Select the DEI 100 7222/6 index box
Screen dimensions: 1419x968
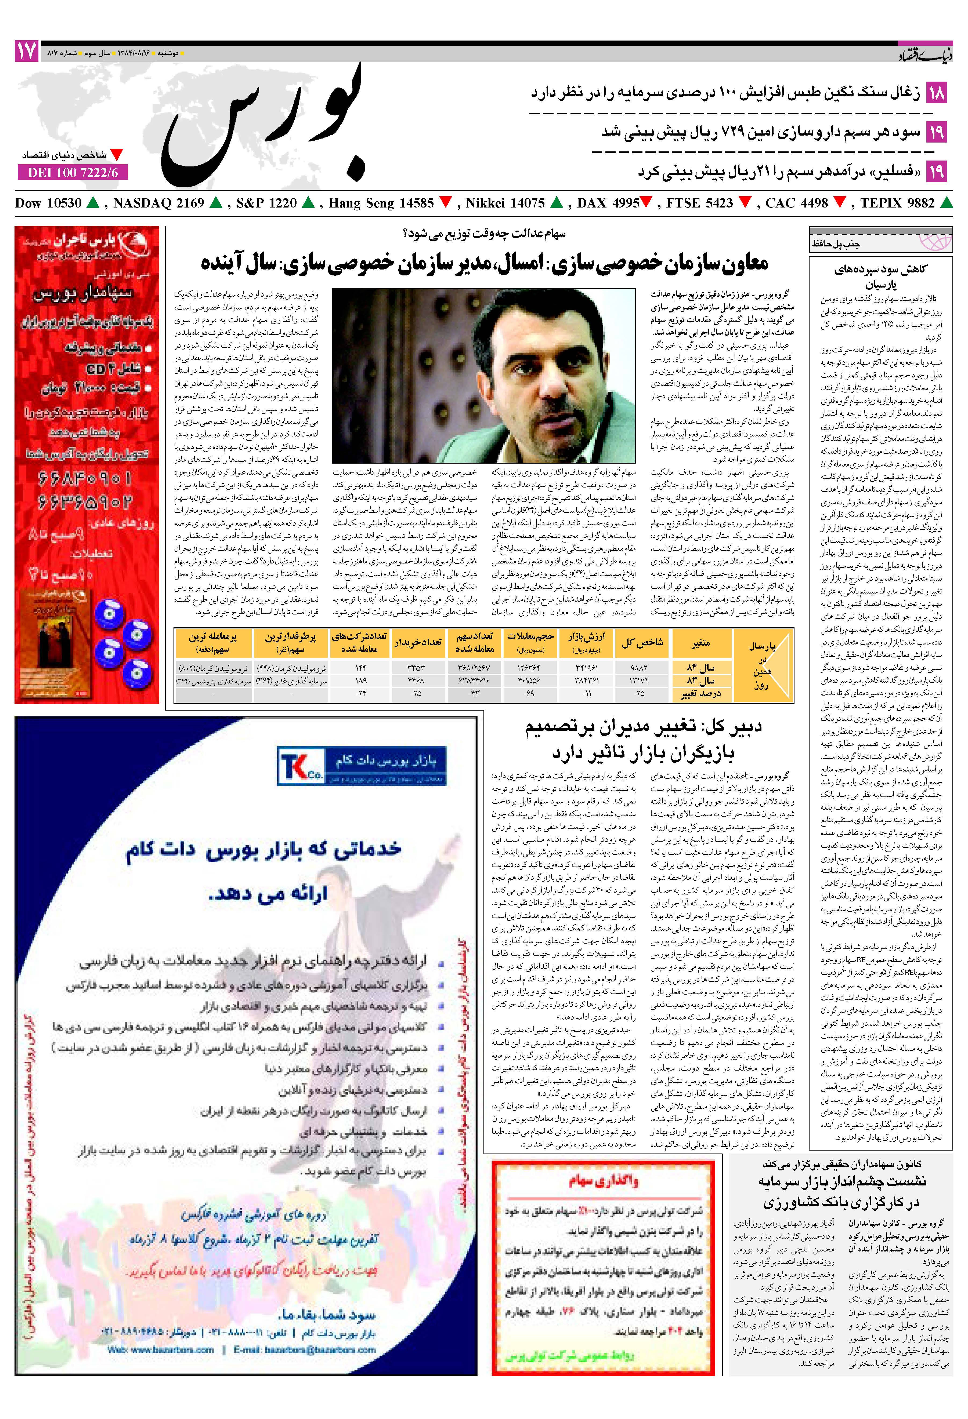pyautogui.click(x=73, y=173)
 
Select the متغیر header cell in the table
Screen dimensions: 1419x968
pyautogui.click(x=700, y=643)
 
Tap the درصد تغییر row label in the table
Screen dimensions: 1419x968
pyautogui.click(x=700, y=694)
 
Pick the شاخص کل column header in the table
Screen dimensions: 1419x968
pyautogui.click(x=642, y=643)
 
